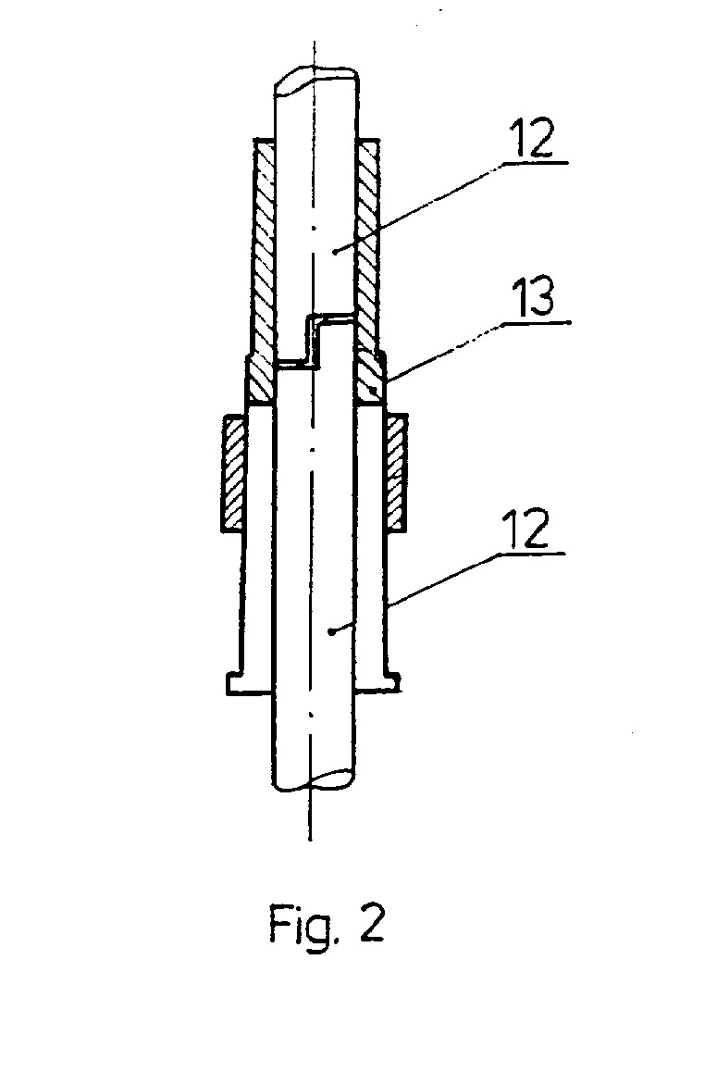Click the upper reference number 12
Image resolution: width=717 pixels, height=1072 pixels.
pyautogui.click(x=531, y=139)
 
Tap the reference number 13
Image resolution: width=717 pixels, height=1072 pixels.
pyautogui.click(x=533, y=297)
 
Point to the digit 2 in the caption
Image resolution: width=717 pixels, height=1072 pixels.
pyautogui.click(x=370, y=922)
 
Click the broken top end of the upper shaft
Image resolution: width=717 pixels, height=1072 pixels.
pyautogui.click(x=315, y=79)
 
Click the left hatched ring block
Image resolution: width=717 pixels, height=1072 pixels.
pyautogui.click(x=231, y=473)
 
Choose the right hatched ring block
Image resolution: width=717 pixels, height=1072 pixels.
pyautogui.click(x=397, y=473)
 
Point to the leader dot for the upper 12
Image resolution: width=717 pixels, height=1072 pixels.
pyautogui.click(x=335, y=251)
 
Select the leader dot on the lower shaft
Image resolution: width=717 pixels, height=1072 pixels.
pyautogui.click(x=330, y=631)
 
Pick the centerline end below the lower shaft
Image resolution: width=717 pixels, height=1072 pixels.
pyautogui.click(x=310, y=838)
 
